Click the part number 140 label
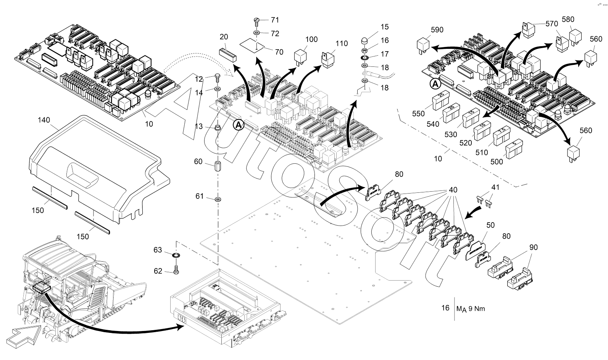point(44,120)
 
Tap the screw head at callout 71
point(256,20)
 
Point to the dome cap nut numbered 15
point(365,41)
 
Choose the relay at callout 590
point(425,45)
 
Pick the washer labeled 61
point(218,199)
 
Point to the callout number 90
point(533,247)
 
